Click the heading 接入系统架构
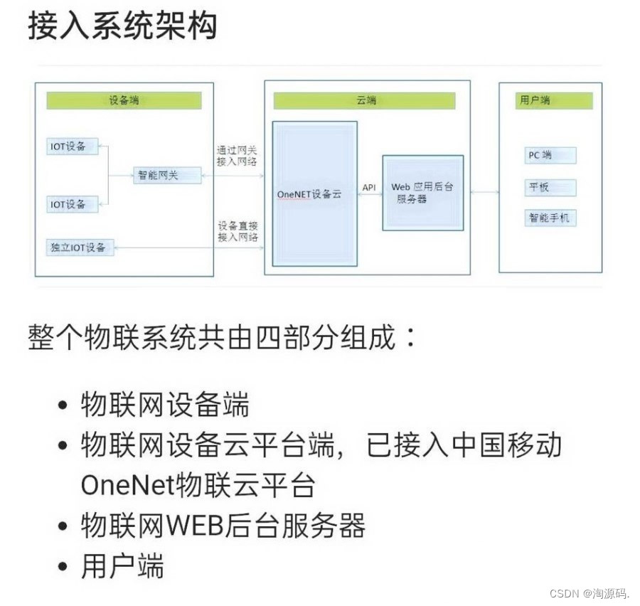[x=122, y=26]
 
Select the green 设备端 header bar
[x=124, y=100]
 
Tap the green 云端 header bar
[x=365, y=100]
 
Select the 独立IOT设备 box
[x=78, y=248]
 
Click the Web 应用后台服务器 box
[x=422, y=193]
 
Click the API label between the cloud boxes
[x=370, y=187]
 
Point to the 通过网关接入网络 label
[x=237, y=156]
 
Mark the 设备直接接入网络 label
[x=238, y=231]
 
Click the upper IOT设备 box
[x=70, y=147]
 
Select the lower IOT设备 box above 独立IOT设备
[x=70, y=204]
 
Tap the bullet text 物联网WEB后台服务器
[x=223, y=526]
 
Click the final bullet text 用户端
[x=122, y=567]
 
